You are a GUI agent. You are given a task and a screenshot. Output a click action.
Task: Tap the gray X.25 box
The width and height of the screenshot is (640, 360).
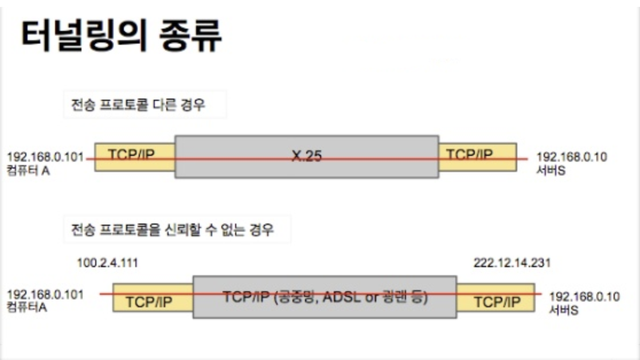[306, 156]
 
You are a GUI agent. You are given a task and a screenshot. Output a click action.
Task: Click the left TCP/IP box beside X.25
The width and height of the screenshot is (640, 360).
[134, 156]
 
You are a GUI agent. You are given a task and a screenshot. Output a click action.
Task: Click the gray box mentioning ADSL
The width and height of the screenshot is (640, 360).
[325, 297]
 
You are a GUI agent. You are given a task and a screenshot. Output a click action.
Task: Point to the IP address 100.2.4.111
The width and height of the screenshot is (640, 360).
[107, 264]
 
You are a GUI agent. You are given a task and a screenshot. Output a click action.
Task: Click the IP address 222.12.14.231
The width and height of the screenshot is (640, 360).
[512, 264]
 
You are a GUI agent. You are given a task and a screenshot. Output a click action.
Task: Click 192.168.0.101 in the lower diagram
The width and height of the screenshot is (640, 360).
[45, 295]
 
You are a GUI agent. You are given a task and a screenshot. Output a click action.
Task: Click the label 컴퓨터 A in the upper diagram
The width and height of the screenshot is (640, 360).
[28, 170]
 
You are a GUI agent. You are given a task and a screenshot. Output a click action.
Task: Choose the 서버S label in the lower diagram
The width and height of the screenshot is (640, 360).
[564, 310]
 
